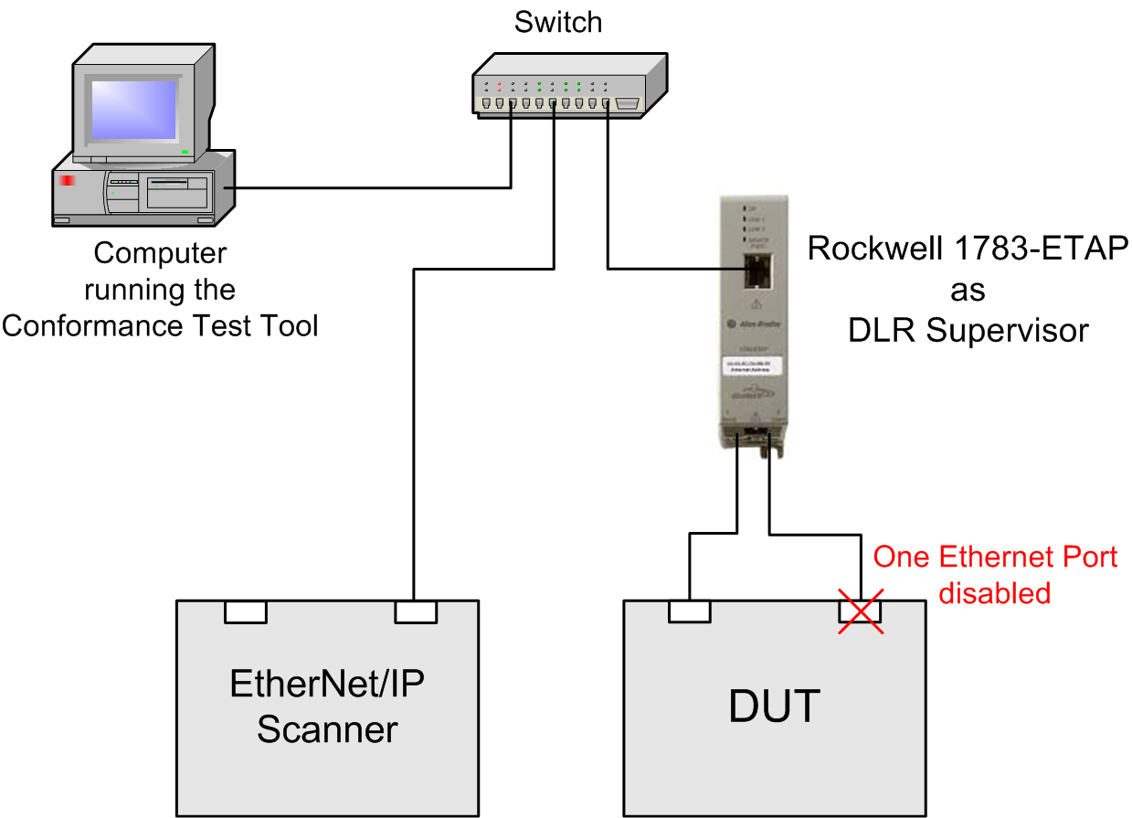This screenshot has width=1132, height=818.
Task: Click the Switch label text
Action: coord(558,22)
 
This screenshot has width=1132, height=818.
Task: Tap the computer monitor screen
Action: coord(131,108)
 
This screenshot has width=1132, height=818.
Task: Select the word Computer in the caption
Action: coord(160,252)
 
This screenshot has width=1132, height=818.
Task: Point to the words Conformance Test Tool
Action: coord(160,325)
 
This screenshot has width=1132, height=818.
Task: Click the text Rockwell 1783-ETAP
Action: coord(968,249)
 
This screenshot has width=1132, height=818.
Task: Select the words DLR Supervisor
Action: coord(968,331)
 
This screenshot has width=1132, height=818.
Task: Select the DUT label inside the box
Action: coord(775,706)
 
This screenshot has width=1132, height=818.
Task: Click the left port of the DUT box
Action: coord(690,611)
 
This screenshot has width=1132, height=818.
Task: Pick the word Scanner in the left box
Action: coord(327,729)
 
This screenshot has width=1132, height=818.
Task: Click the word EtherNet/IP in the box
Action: coord(327,684)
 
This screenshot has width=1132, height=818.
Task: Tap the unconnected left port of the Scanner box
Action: coord(246,611)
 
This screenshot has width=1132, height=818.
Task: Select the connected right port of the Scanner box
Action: coord(416,611)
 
